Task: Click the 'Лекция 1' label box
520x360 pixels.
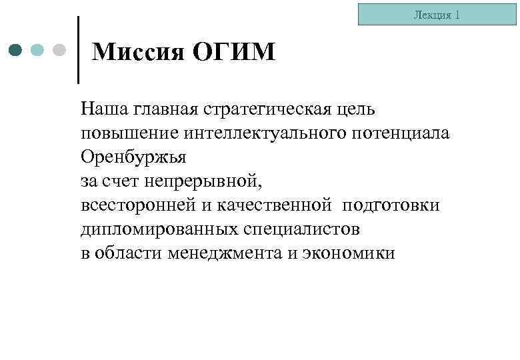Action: point(437,14)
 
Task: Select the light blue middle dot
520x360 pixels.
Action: point(38,50)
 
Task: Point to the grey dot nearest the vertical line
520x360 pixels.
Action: point(59,50)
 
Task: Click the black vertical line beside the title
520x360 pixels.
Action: point(79,50)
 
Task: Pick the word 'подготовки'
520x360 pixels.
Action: point(391,205)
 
